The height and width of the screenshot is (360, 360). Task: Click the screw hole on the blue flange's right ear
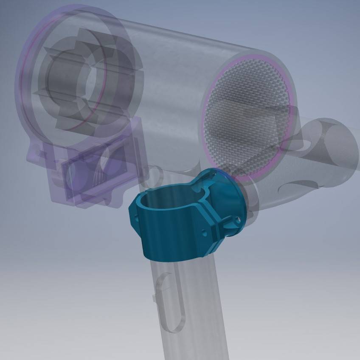click(x=237, y=219)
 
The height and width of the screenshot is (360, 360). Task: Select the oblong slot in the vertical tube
click(x=171, y=303)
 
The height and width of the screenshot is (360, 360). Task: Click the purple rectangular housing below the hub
click(x=96, y=170)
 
